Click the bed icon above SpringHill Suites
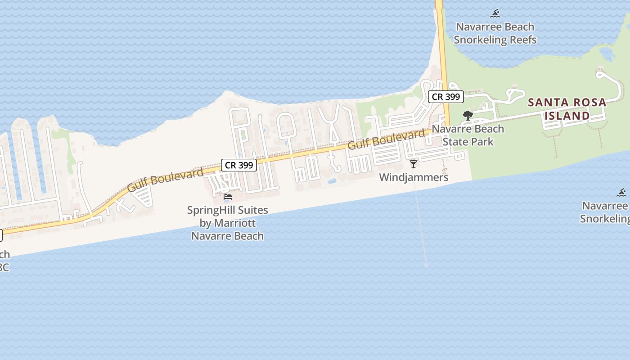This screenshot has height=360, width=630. pyautogui.click(x=228, y=196)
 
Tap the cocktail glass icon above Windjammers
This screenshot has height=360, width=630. pyautogui.click(x=414, y=164)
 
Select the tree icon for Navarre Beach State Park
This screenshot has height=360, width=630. pyautogui.click(x=468, y=115)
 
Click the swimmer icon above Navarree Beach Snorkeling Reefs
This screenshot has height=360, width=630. pyautogui.click(x=495, y=13)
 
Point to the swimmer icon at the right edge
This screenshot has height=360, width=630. pyautogui.click(x=622, y=193)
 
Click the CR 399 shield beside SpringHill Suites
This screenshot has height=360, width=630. pyautogui.click(x=239, y=165)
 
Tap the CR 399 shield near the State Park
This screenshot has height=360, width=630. pyautogui.click(x=445, y=96)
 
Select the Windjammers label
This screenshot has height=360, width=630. pyautogui.click(x=414, y=177)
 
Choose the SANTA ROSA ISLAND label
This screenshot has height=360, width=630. pyautogui.click(x=567, y=109)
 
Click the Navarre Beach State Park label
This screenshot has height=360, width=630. pyautogui.click(x=468, y=135)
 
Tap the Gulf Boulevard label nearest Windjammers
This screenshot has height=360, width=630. pyautogui.click(x=386, y=140)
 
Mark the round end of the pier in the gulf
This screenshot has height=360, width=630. pyautogui.click(x=427, y=265)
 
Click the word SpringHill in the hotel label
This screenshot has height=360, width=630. pyautogui.click(x=211, y=210)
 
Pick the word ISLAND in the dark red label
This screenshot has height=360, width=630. pyautogui.click(x=567, y=116)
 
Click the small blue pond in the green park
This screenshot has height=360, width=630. pyautogui.click(x=607, y=54)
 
